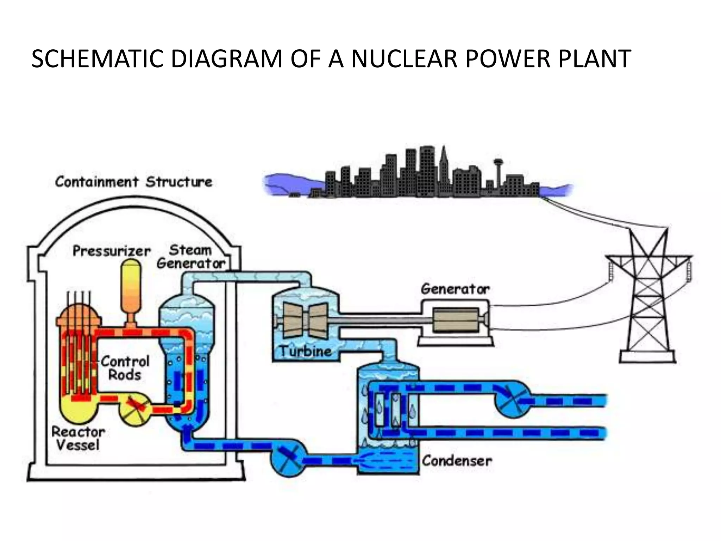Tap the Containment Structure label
(134, 182)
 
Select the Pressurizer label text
(112, 251)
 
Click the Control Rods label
(125, 368)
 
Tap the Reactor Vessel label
(78, 439)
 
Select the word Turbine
(306, 351)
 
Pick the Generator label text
(455, 289)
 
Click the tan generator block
(456, 320)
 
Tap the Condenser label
(457, 460)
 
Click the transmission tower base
(647, 357)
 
